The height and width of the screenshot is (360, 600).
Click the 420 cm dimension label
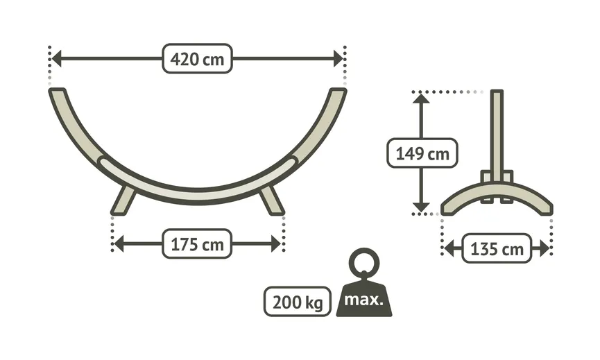point(197,59)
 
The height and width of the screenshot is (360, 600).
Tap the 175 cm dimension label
point(197,243)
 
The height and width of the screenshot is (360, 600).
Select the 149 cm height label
point(422,153)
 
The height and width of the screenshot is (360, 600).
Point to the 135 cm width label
point(496,248)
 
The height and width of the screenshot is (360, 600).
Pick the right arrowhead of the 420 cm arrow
point(338,59)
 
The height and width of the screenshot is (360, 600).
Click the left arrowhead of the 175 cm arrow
point(118,243)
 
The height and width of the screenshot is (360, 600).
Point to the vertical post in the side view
point(497,132)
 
